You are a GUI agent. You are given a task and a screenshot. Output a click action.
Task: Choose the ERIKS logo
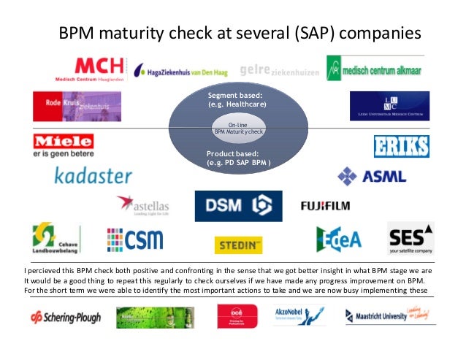pos(401,146)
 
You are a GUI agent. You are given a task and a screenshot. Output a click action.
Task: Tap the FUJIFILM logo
pos(330,206)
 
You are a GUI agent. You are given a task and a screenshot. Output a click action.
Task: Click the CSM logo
pos(135,240)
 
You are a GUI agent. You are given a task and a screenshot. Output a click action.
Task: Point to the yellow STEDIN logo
pos(238,245)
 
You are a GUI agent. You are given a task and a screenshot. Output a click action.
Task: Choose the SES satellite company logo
pos(410,237)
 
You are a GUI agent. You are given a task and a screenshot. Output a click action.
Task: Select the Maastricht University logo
pos(386,315)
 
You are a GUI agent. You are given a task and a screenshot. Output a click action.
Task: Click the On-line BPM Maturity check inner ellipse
pos(239,129)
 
